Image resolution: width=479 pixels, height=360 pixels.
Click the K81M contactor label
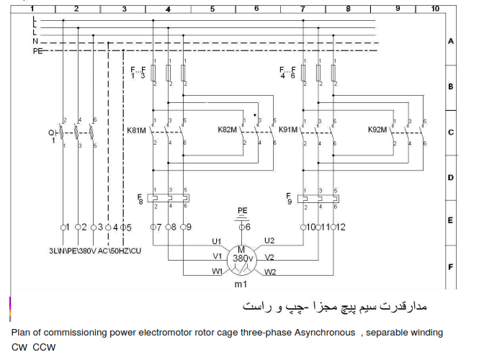137,130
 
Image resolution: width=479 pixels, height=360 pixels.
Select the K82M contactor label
228,130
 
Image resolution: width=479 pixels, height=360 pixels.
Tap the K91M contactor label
288,130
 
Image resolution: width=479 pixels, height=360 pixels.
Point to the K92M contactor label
377,130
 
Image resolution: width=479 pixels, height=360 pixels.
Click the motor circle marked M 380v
242,257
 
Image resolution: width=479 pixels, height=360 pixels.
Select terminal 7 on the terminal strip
156,228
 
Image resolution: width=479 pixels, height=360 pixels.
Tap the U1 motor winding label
216,240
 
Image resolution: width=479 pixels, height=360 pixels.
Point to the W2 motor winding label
269,273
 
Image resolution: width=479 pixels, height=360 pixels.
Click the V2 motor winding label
269,257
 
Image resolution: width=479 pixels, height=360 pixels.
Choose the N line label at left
35,42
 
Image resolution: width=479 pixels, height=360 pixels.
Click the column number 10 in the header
434,9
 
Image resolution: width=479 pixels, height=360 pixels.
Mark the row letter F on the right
450,267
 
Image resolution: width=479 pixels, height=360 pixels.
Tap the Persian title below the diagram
331,307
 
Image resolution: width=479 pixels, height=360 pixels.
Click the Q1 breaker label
52,135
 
